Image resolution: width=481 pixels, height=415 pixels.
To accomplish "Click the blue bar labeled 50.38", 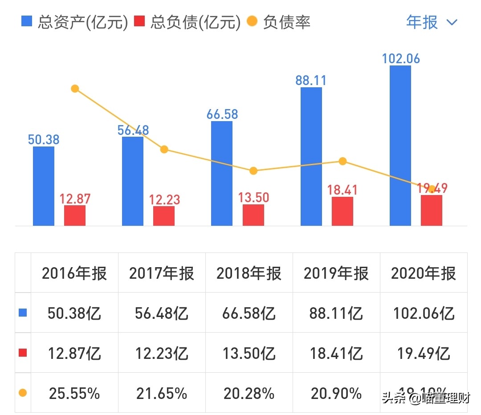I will click(44, 186).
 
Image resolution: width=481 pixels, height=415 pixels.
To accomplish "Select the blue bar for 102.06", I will click(400, 146).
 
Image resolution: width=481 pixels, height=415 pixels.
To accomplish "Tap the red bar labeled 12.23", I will click(164, 216).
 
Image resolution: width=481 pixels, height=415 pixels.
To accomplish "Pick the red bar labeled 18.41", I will click(342, 211).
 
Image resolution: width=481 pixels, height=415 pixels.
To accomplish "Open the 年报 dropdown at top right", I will click(432, 22).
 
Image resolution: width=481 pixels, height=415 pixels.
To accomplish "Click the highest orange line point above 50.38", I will click(75, 89).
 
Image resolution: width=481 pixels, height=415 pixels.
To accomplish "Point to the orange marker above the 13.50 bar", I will click(253, 171).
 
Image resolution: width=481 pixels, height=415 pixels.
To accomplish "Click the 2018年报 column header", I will click(249, 273).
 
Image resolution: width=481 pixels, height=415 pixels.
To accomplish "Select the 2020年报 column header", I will click(424, 273).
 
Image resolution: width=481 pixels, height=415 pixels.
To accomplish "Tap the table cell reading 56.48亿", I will click(162, 313).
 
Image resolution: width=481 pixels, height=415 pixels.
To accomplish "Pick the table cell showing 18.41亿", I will click(336, 354).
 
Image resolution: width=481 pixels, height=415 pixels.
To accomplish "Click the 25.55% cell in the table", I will click(74, 393).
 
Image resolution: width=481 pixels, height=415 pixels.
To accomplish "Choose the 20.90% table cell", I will click(336, 393).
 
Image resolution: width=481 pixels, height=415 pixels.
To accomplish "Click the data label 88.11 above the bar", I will click(311, 80).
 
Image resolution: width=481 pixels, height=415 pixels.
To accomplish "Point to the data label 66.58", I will click(222, 114).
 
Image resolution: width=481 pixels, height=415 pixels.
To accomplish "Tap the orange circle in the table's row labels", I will click(23, 393).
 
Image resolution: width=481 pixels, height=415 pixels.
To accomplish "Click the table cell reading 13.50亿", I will click(249, 354).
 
